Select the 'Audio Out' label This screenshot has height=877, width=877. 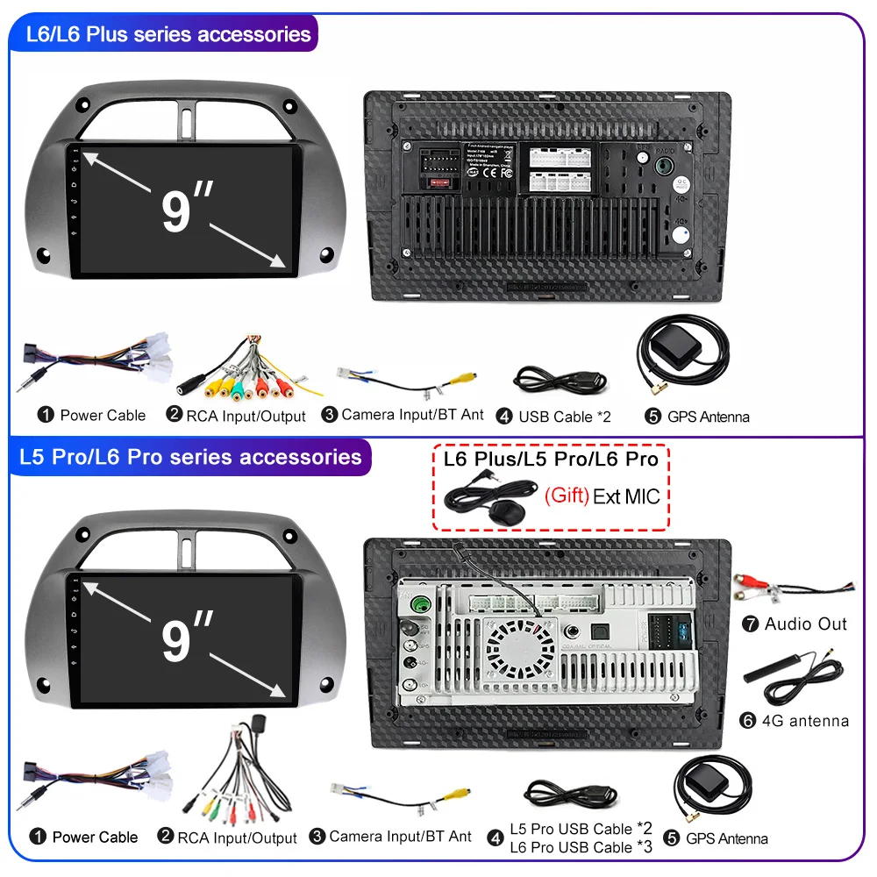click(x=805, y=624)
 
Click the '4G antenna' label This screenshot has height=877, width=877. click(x=806, y=721)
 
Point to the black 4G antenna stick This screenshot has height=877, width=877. click(x=769, y=674)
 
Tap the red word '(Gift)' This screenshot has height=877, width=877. click(x=567, y=496)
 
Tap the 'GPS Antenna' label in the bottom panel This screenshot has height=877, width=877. click(x=727, y=838)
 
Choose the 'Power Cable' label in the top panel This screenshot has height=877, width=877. click(x=103, y=415)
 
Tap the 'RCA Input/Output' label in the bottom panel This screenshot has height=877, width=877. click(x=237, y=838)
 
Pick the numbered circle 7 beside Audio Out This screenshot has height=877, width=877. click(x=750, y=624)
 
